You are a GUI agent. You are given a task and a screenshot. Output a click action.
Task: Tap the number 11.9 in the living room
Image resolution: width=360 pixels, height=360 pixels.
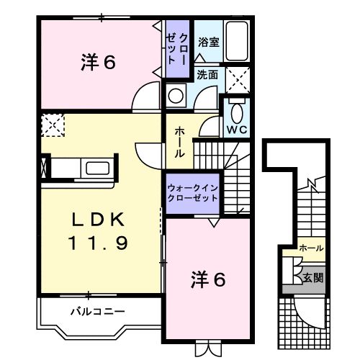[x=100, y=243]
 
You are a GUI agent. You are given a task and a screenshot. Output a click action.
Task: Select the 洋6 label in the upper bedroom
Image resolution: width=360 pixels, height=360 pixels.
[x=98, y=63]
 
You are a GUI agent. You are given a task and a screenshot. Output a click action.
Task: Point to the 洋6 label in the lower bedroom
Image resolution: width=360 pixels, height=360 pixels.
[x=209, y=279]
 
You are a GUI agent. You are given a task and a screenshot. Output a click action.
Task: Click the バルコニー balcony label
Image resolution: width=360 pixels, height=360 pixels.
[x=97, y=312]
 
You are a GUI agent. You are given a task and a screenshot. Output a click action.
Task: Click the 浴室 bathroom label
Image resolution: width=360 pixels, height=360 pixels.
[x=210, y=42]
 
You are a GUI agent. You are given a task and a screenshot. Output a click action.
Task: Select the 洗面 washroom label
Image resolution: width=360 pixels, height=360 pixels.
[x=209, y=74]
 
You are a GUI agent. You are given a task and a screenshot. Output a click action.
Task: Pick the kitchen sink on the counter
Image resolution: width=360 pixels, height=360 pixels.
[x=96, y=169]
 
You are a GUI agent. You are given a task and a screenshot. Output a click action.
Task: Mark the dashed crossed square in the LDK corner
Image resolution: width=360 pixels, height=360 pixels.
[x=53, y=125]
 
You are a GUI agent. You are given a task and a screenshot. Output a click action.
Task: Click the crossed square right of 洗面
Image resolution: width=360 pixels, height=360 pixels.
[x=238, y=77]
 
